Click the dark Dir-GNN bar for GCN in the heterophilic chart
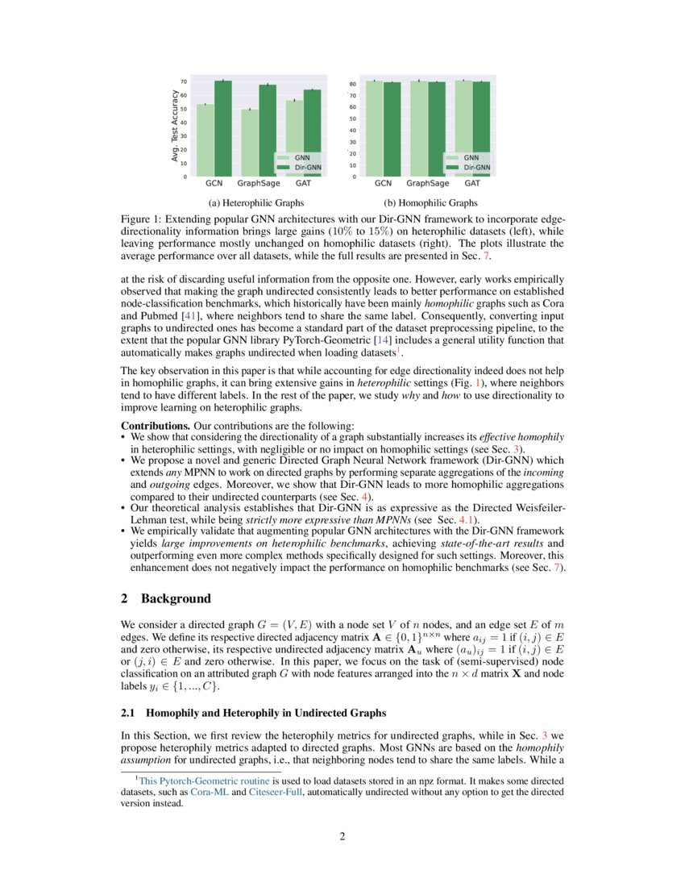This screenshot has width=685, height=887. click(223, 129)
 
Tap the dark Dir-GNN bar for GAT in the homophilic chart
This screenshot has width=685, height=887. click(480, 129)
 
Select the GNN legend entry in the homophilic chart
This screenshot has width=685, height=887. click(470, 157)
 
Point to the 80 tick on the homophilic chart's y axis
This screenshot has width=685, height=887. click(353, 84)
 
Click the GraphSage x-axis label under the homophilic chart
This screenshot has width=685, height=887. click(428, 184)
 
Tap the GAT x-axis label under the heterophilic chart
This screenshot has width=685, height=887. click(304, 184)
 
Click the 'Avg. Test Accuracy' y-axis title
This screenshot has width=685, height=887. click(175, 125)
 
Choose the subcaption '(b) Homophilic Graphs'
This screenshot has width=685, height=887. click(430, 202)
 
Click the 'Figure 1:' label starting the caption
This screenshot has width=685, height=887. click(142, 219)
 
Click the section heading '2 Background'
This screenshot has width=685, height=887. click(165, 598)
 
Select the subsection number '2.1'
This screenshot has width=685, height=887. click(129, 713)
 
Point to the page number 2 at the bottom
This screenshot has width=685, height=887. click(342, 836)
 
